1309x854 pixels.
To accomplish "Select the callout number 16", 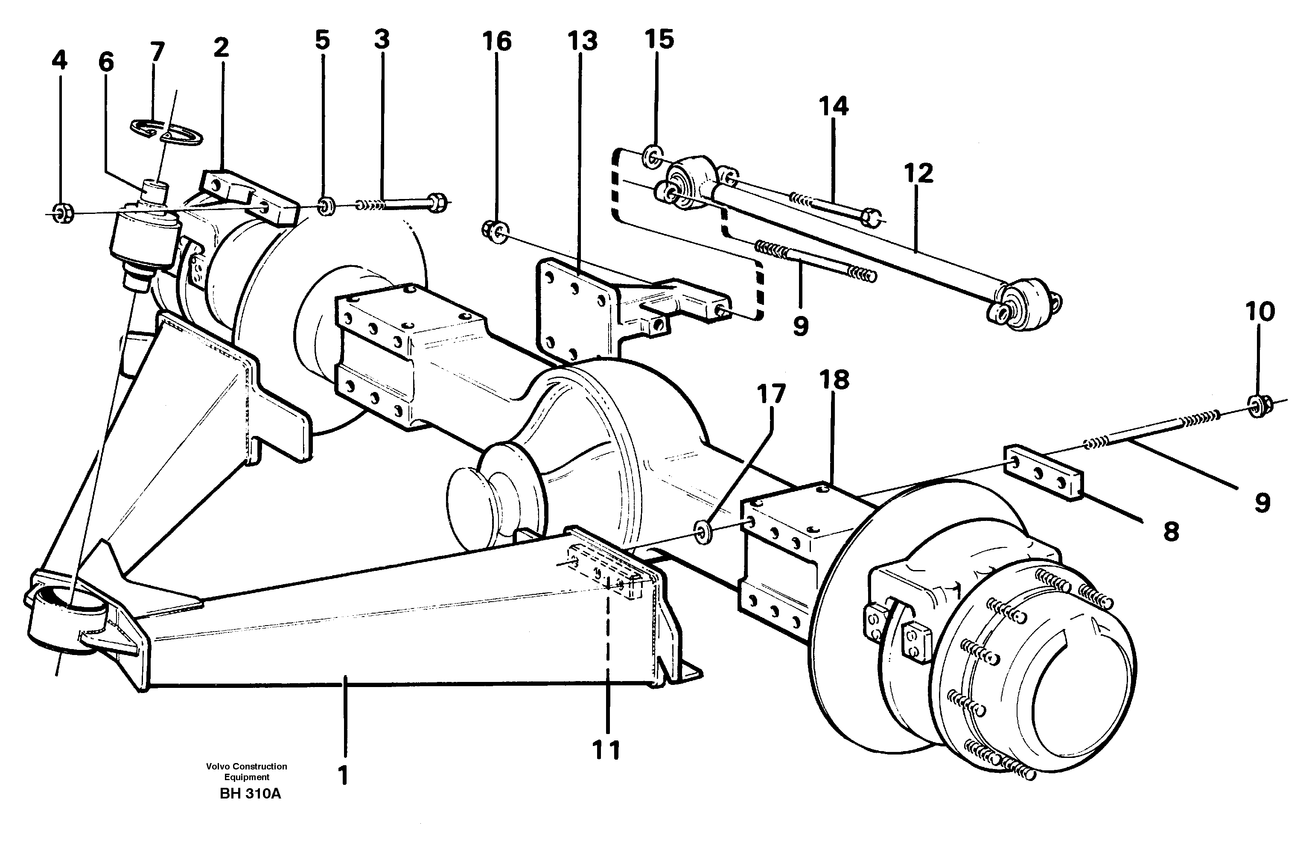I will (x=497, y=41).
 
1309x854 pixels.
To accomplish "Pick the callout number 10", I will (x=1259, y=312).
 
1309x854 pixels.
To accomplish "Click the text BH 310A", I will (x=250, y=794).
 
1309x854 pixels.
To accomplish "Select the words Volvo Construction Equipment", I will (x=246, y=772).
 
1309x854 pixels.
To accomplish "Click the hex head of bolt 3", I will (x=437, y=202).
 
